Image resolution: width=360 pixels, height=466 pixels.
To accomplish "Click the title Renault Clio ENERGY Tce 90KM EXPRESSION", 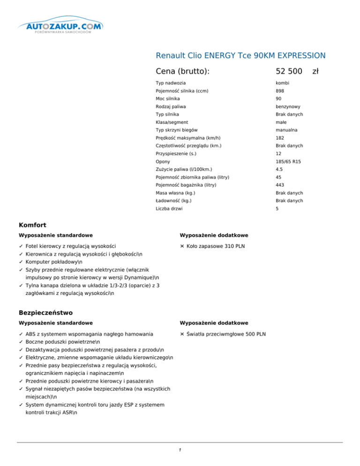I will click(240, 56).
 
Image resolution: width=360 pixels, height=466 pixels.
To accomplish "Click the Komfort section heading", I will click(32, 225).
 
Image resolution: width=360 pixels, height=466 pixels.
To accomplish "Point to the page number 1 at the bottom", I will click(180, 450).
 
